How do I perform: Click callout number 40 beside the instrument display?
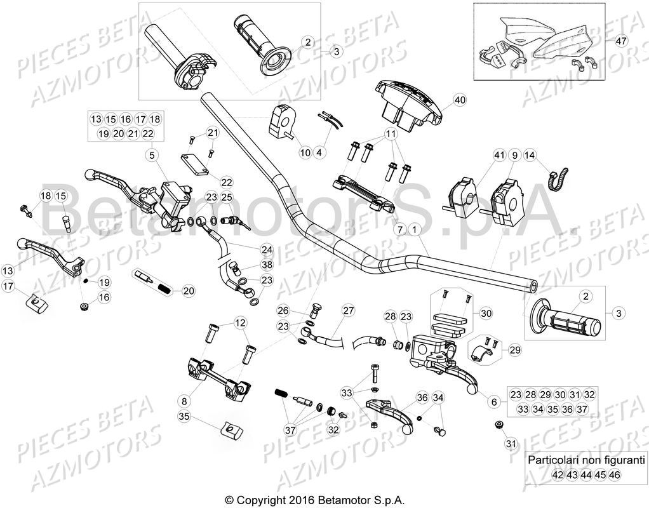[460, 100]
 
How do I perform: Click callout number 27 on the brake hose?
[347, 311]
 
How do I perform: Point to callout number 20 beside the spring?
[188, 291]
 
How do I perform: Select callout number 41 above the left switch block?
[498, 154]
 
